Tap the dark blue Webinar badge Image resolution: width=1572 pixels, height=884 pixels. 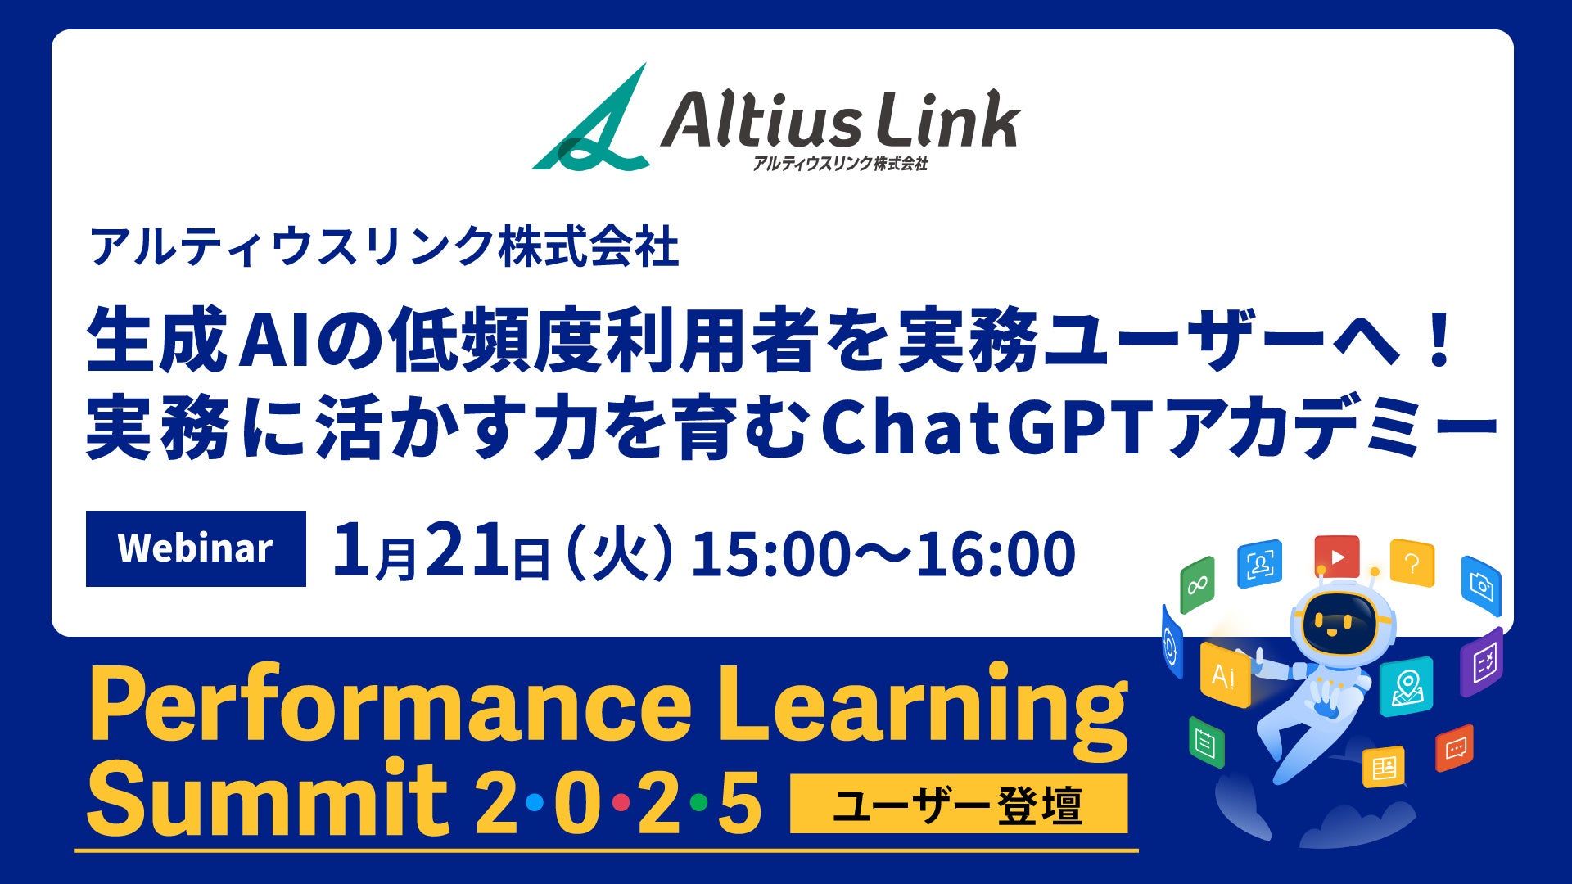coord(196,548)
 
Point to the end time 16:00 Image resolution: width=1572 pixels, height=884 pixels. coord(996,553)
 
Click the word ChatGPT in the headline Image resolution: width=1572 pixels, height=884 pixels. coord(988,426)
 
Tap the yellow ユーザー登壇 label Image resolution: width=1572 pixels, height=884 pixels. coord(959,804)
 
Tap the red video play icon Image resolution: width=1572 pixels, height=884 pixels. coord(1337,557)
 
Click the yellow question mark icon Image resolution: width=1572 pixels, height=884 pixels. coord(1412,563)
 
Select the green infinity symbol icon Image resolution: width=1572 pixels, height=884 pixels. coord(1197,584)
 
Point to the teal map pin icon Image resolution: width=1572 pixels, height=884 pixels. coord(1407,687)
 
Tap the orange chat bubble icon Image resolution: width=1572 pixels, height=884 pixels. coord(1455,748)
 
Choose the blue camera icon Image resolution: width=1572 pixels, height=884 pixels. coord(1481,586)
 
